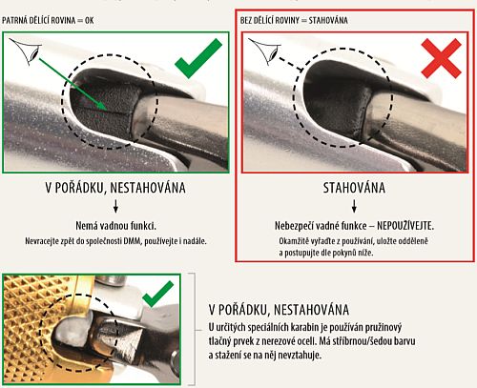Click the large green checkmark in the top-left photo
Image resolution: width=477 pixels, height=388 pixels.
coord(197,60)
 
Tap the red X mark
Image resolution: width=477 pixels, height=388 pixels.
coord(441,58)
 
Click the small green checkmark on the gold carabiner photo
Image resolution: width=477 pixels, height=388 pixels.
coord(157,295)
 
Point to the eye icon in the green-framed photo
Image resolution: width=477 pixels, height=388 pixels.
coord(26,51)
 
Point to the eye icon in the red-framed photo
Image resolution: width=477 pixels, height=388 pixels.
coord(264,51)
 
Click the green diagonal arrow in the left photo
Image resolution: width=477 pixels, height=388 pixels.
coord(73,84)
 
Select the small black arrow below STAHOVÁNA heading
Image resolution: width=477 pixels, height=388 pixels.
coord(354,206)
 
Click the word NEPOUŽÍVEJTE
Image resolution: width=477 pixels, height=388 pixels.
coord(405,226)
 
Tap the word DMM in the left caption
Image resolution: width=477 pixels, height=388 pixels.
coord(132,241)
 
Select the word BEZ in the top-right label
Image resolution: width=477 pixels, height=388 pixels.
coord(246,21)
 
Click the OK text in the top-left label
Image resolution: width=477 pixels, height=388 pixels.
coord(89,21)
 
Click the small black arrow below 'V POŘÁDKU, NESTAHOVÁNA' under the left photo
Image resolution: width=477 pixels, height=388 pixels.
coord(115,206)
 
